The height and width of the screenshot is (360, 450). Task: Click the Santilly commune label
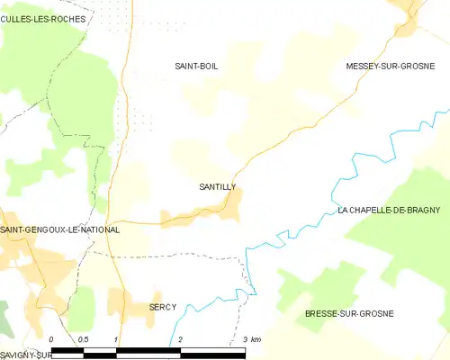pos(217,187)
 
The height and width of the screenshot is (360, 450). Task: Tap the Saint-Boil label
pos(196,67)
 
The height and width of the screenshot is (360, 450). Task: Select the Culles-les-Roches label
pos(43,19)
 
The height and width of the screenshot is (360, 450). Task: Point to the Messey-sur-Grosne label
pos(391,67)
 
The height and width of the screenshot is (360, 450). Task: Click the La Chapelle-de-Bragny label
pos(389,210)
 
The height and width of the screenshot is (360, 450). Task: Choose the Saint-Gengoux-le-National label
pos(60,230)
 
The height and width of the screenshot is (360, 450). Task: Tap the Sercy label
pos(163,307)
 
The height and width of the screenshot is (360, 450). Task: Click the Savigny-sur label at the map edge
pos(22,355)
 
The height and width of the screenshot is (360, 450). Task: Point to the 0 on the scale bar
pos(52,339)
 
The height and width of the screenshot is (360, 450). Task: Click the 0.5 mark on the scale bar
pos(84,339)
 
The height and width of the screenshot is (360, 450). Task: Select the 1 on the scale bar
pos(116,339)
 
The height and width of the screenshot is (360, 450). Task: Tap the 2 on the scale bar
pos(181,339)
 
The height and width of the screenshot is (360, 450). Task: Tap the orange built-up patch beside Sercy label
pos(135,308)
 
